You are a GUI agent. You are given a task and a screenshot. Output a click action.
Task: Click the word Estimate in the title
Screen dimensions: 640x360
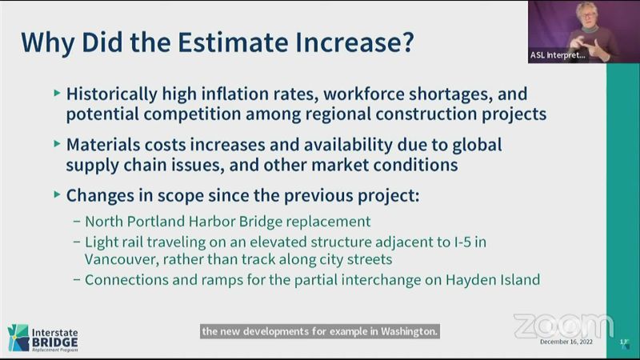click(x=233, y=42)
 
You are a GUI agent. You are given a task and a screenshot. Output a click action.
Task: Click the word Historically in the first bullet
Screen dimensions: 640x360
click(x=111, y=94)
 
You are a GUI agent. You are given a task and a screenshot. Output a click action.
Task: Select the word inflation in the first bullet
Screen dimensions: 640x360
click(x=235, y=94)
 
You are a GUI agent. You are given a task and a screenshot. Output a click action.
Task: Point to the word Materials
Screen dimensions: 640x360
click(x=103, y=145)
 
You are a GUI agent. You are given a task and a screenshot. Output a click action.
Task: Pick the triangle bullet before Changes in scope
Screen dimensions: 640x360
click(x=57, y=194)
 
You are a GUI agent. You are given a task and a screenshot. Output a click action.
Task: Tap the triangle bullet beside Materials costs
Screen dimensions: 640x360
click(x=57, y=144)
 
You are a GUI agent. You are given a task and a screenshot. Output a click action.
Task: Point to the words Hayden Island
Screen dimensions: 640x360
click(x=493, y=280)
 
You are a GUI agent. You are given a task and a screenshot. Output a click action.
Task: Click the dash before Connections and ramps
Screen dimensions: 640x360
click(x=77, y=280)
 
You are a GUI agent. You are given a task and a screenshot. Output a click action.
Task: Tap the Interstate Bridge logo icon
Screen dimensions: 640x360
click(x=18, y=338)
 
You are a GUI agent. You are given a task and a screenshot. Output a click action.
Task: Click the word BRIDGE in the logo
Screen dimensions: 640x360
click(x=54, y=342)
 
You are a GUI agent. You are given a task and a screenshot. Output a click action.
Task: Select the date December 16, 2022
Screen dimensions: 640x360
click(x=566, y=342)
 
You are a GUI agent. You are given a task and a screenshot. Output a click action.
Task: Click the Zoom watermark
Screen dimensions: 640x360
click(x=563, y=326)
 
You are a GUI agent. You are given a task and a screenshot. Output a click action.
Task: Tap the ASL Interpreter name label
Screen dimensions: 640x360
click(x=557, y=55)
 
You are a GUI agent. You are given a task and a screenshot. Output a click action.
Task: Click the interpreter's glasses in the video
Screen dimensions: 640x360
click(x=586, y=16)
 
